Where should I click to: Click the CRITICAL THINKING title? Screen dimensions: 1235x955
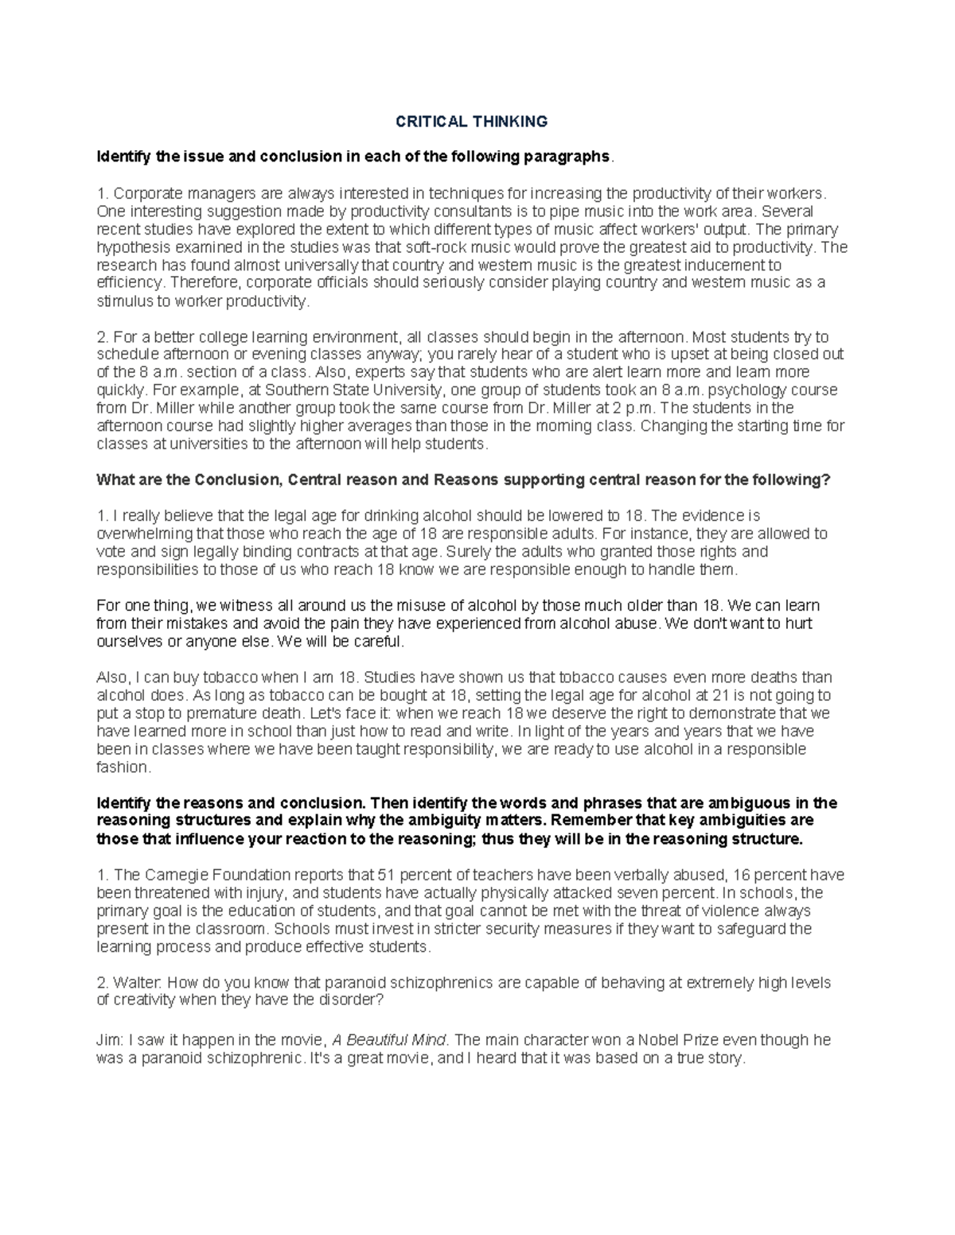click(x=472, y=121)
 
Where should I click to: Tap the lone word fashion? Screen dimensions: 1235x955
click(x=123, y=767)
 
